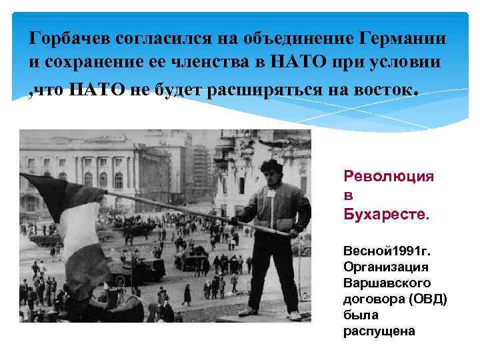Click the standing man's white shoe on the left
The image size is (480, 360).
point(248,311)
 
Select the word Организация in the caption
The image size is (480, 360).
point(381,267)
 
